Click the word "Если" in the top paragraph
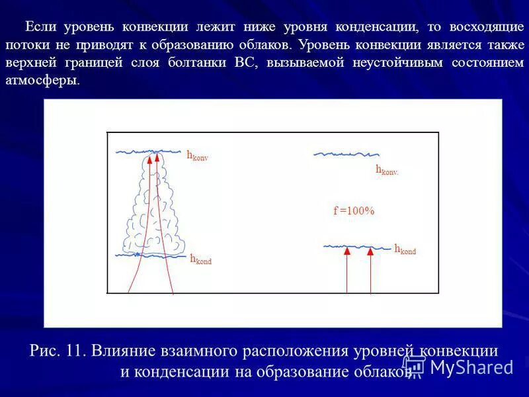point(40,28)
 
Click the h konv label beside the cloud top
point(197,156)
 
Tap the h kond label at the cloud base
point(200,259)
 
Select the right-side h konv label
point(387,169)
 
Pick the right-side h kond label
point(405,249)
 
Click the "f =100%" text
point(354,210)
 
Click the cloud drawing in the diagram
point(151,212)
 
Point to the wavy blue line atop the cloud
point(149,152)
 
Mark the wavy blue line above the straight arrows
point(357,247)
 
